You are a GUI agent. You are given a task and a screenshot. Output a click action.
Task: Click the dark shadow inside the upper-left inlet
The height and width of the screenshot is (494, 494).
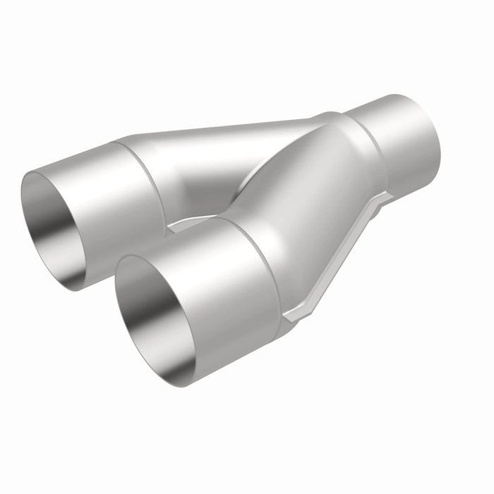(49, 205)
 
